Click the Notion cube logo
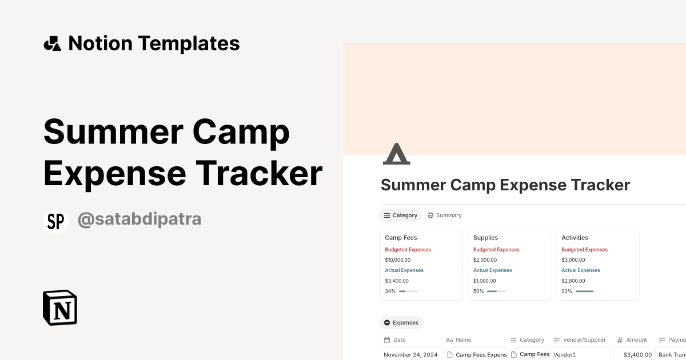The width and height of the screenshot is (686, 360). coord(60,307)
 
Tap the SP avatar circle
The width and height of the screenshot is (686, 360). coord(55,222)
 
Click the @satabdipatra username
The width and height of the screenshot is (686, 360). coord(139,219)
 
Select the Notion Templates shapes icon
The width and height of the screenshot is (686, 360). coord(53,43)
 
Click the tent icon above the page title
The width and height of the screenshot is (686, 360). coord(396,154)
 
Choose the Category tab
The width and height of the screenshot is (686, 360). coord(400,215)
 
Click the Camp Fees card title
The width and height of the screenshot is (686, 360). coord(401,238)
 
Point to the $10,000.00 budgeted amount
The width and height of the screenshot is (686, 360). coord(398,260)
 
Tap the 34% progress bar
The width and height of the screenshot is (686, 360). coord(408,291)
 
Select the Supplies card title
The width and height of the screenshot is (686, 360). coord(485,238)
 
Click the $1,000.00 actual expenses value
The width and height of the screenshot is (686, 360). coord(485,281)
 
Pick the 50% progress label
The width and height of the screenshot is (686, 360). coord(478,291)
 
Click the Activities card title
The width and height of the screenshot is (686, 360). coord(575,238)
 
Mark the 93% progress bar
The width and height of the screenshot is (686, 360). coord(585,291)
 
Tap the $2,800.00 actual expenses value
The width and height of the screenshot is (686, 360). coord(573,281)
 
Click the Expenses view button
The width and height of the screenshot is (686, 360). coord(401,323)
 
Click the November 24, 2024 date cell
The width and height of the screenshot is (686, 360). coord(410,355)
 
